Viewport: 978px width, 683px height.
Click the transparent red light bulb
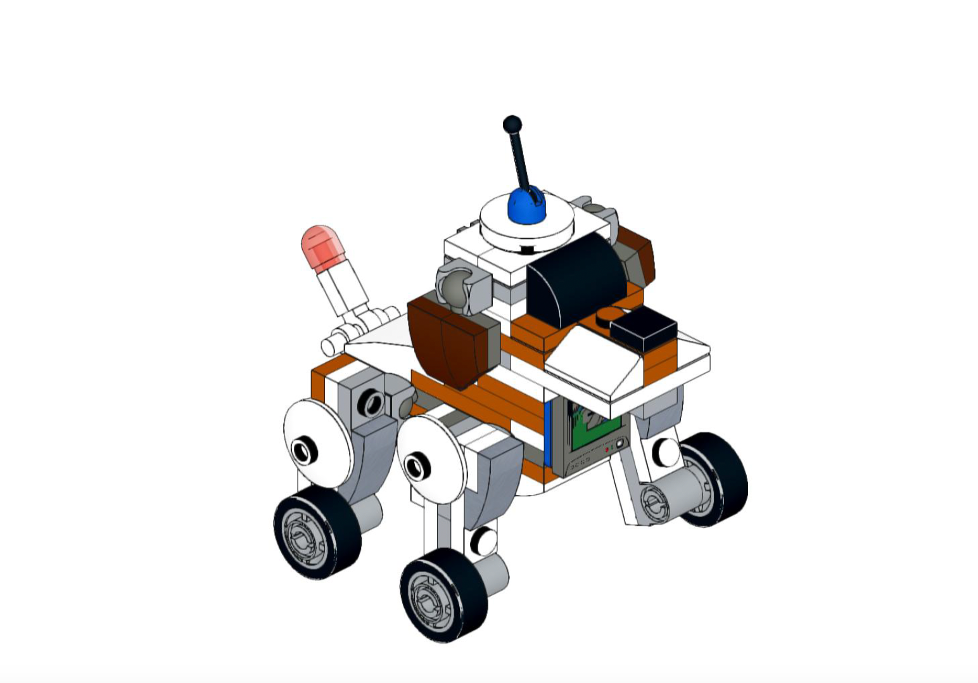click(x=322, y=246)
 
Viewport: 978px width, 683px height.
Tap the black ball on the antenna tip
click(x=512, y=124)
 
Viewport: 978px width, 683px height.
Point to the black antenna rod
click(x=521, y=158)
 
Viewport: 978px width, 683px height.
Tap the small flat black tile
click(x=644, y=329)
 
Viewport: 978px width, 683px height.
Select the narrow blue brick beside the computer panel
click(x=548, y=437)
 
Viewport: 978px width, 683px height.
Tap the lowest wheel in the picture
click(x=443, y=596)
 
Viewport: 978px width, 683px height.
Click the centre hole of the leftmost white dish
click(x=303, y=450)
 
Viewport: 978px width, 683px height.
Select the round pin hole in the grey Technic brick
click(x=371, y=403)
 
